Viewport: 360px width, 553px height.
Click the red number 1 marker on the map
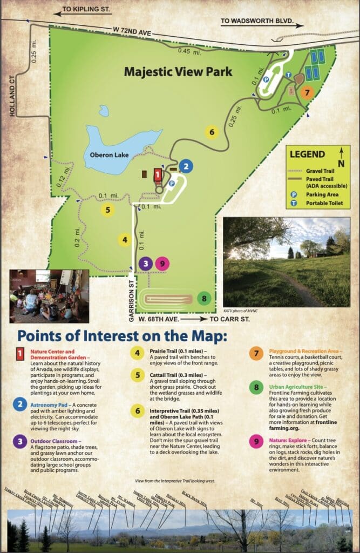pos(158,174)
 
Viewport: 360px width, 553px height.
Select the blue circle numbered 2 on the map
pos(185,166)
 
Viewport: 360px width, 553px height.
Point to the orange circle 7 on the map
pos(307,92)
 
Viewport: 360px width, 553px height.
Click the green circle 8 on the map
pos(203,298)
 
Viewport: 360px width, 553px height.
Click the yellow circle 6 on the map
pos(212,131)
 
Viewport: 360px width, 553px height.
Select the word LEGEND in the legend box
pos(308,154)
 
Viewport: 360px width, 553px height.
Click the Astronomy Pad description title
pos(51,404)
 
